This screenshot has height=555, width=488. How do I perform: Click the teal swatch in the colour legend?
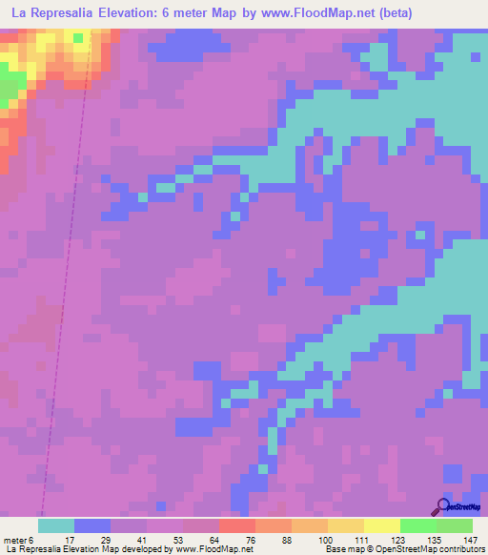click(56, 525)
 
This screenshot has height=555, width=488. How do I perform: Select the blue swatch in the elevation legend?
click(92, 525)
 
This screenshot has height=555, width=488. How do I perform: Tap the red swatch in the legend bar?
click(237, 525)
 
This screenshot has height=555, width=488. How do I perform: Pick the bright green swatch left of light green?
click(418, 525)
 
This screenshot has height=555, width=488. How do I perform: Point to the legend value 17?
click(74, 541)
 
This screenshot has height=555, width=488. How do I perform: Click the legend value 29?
click(111, 541)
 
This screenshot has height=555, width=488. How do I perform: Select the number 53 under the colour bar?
click(183, 541)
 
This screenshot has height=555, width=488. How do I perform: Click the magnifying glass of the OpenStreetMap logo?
click(442, 506)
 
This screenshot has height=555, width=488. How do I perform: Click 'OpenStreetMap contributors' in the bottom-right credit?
click(431, 550)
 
